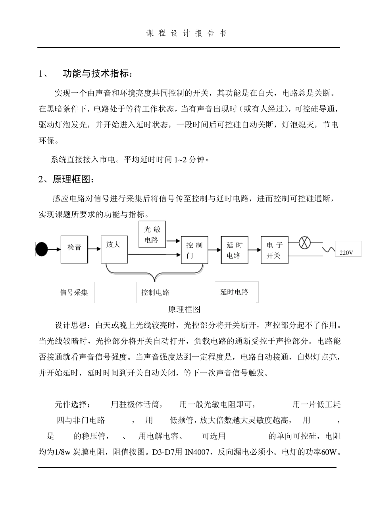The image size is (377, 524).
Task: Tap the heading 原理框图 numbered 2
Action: pyautogui.click(x=73, y=179)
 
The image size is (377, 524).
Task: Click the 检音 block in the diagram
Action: pyautogui.click(x=74, y=249)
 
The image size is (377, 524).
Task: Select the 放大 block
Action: pyautogui.click(x=114, y=249)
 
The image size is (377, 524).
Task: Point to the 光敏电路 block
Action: pyautogui.click(x=151, y=235)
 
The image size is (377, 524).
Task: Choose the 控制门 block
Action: pyautogui.click(x=194, y=250)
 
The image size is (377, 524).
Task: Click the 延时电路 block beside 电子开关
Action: pyautogui.click(x=234, y=250)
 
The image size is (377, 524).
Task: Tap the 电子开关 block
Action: pyautogui.click(x=274, y=250)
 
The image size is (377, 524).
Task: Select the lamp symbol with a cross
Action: pyautogui.click(x=304, y=243)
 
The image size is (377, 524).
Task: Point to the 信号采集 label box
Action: pyautogui.click(x=74, y=293)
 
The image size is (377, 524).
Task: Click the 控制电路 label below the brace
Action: pyautogui.click(x=155, y=293)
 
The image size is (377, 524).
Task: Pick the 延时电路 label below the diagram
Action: pyautogui.click(x=234, y=292)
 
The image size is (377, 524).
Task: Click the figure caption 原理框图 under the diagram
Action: pyautogui.click(x=185, y=309)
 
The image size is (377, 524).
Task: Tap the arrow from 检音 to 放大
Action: pyautogui.click(x=94, y=249)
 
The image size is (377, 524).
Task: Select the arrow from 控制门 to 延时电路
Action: pyautogui.click(x=214, y=250)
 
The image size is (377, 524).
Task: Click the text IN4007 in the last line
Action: pyautogui.click(x=200, y=452)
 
